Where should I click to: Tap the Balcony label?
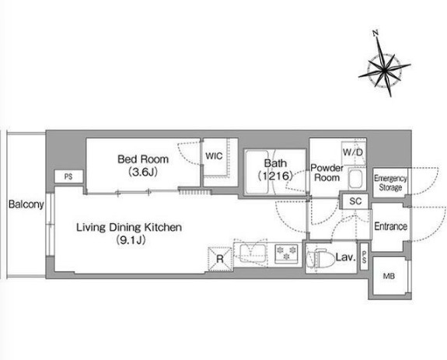pyautogui.click(x=26, y=204)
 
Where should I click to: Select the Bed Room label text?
pyautogui.click(x=143, y=159)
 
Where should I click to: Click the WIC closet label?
pyautogui.click(x=214, y=156)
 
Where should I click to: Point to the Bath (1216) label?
pyautogui.click(x=275, y=170)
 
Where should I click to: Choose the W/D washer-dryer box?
pyautogui.click(x=353, y=152)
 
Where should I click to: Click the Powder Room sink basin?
pyautogui.click(x=355, y=179)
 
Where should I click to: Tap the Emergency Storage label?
pyautogui.click(x=390, y=183)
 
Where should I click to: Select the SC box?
pyautogui.click(x=355, y=201)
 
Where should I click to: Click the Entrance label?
pyautogui.click(x=390, y=226)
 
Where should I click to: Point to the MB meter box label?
pyautogui.click(x=389, y=276)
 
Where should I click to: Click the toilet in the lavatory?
pyautogui.click(x=320, y=258)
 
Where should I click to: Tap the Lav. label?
pyautogui.click(x=346, y=257)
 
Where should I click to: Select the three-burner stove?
pyautogui.click(x=286, y=253)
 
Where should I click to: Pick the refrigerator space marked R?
pyautogui.click(x=220, y=259)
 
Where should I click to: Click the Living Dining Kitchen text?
pyautogui.click(x=129, y=227)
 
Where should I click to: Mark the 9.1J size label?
pyautogui.click(x=131, y=240)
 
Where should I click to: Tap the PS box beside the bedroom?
pyautogui.click(x=68, y=177)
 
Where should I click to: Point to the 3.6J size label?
pyautogui.click(x=143, y=172)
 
